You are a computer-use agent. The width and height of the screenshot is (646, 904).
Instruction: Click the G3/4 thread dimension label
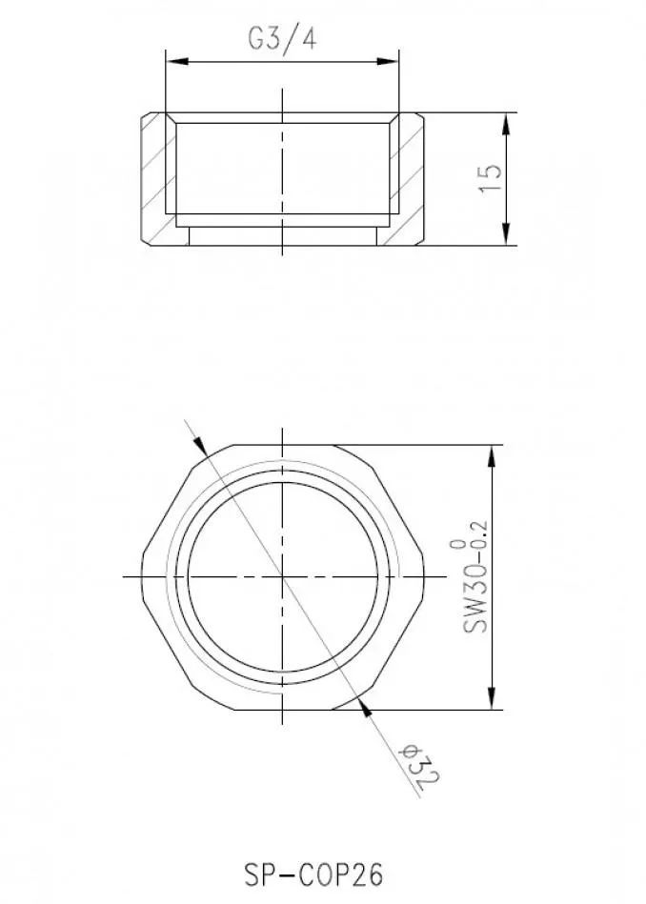(x=282, y=39)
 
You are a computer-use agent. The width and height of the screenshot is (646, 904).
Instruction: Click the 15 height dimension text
(x=491, y=179)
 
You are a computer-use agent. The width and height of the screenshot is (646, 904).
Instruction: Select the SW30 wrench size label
(x=475, y=599)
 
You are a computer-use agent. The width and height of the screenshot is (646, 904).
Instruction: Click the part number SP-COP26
(x=313, y=874)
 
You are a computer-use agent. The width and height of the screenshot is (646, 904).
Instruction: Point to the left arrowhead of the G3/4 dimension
(x=177, y=62)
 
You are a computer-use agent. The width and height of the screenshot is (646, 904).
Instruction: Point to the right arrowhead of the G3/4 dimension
(x=387, y=62)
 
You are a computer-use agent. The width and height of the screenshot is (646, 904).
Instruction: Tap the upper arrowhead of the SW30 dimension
(x=492, y=457)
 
